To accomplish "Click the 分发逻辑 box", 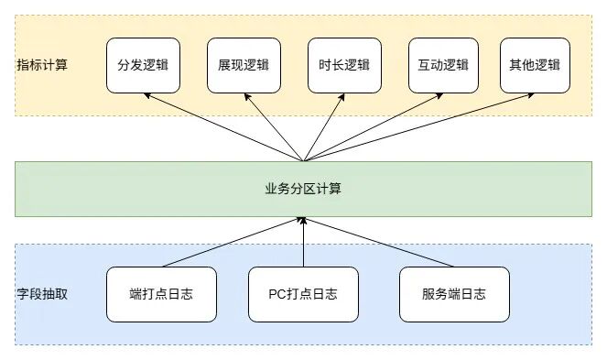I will click(x=143, y=65).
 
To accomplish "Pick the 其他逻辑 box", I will click(x=535, y=65).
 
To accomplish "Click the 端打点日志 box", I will click(x=161, y=294).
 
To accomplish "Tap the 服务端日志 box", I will click(x=453, y=294).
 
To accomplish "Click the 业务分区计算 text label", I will click(x=303, y=189).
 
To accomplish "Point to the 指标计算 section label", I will click(x=42, y=65).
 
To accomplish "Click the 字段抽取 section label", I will click(x=42, y=294).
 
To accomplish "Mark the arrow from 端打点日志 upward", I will click(x=233, y=243).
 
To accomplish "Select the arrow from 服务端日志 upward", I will click(x=379, y=243).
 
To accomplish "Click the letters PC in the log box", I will click(x=276, y=294).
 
